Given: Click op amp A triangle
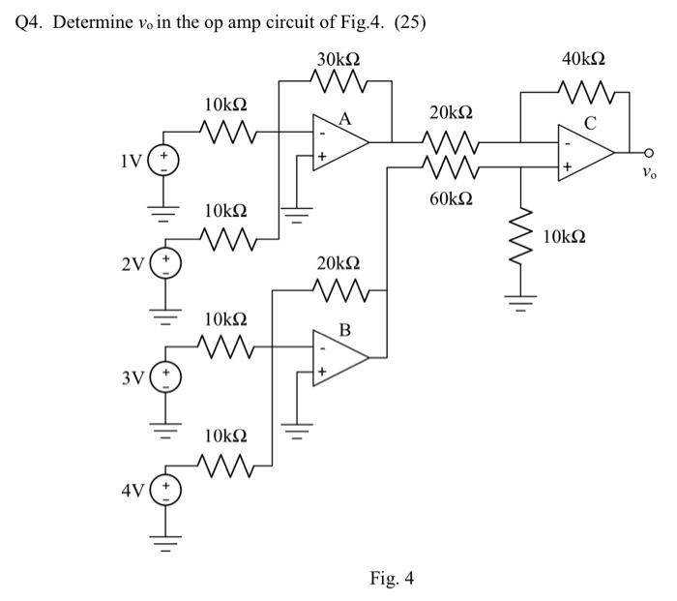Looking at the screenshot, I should point(339,141).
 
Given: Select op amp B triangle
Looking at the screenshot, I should point(339,357).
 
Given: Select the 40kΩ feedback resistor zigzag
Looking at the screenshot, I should point(585,93).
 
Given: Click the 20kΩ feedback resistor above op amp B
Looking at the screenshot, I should point(338,287).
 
